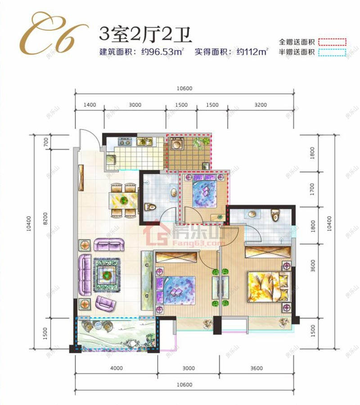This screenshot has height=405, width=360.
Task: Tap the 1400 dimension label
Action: (90, 105)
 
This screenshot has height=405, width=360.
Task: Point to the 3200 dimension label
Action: (260, 105)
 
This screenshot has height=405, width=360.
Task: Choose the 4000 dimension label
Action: (116, 369)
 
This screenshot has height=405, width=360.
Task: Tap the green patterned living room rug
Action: (107, 274)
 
